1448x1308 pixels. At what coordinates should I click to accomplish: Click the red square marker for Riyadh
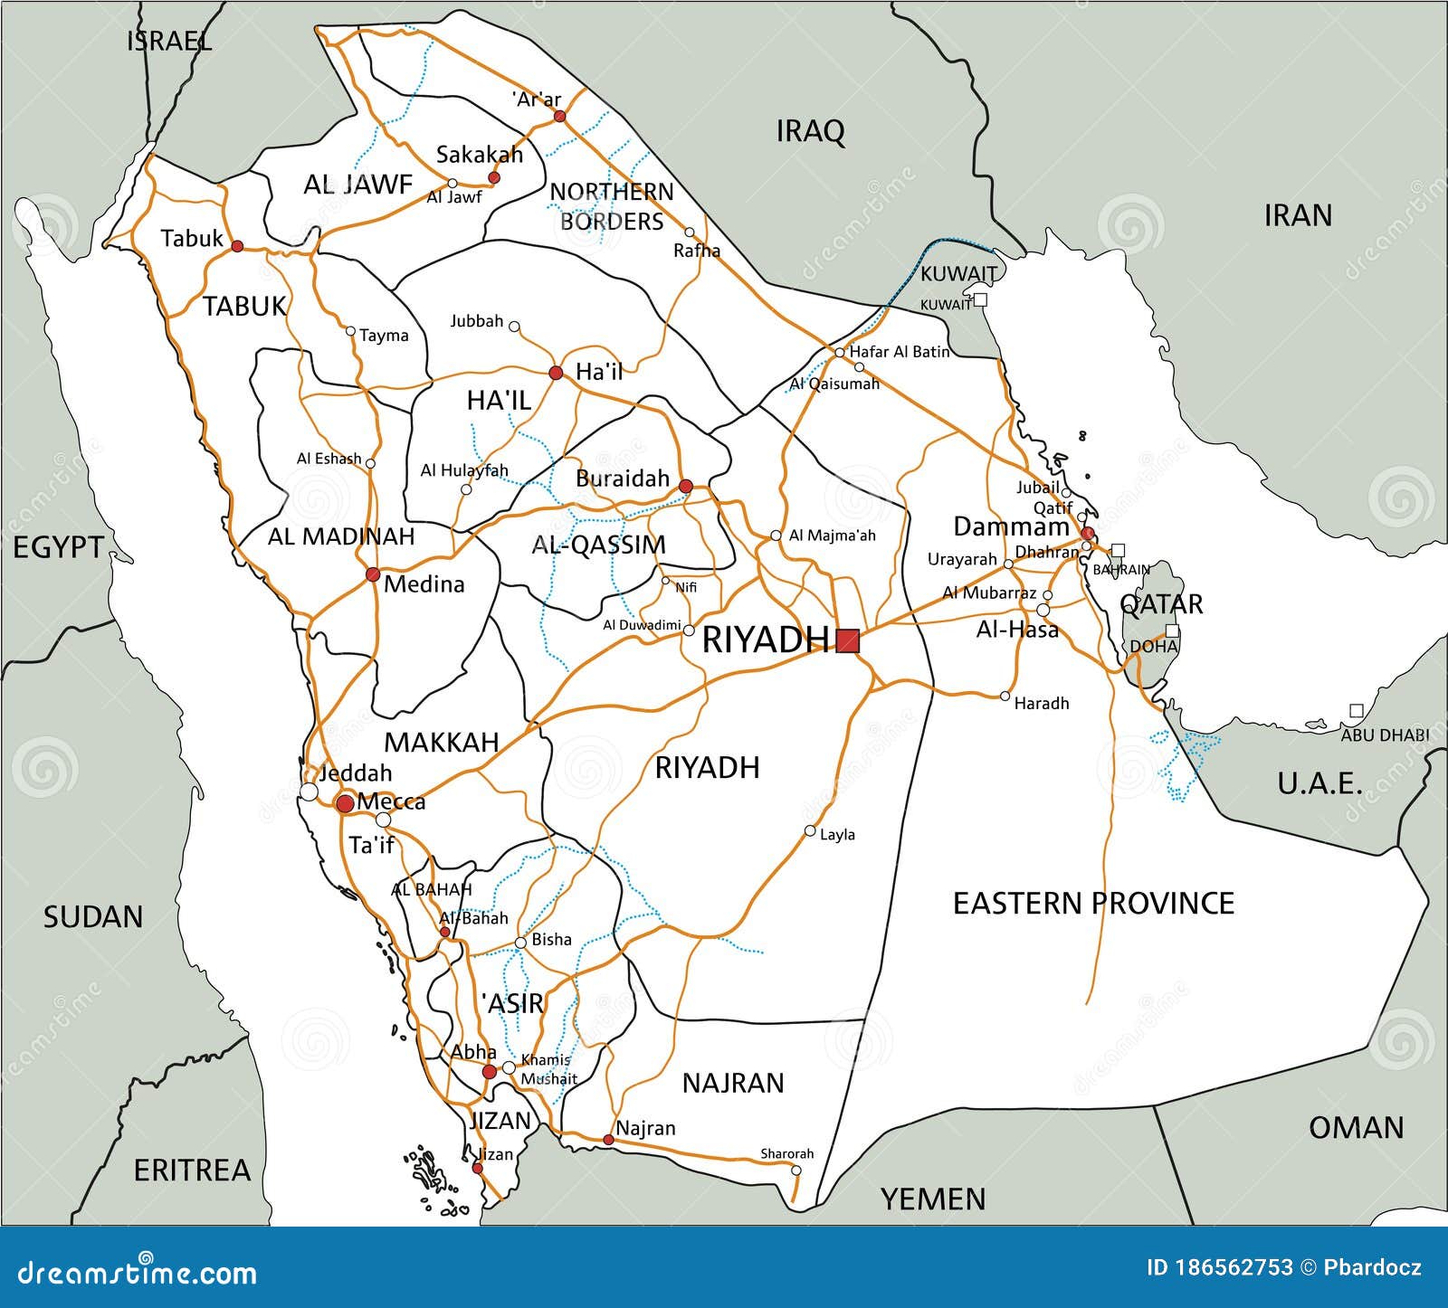848,641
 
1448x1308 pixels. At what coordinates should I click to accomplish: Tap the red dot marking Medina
372,574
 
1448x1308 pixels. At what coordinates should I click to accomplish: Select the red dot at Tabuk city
237,246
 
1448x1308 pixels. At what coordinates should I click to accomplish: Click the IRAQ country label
810,131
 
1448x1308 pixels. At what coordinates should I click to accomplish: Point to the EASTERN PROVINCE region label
1093,903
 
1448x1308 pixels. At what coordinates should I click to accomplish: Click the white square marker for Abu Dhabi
1355,711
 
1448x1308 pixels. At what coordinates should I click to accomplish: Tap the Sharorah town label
786,1153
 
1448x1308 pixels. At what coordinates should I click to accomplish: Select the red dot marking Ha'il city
556,373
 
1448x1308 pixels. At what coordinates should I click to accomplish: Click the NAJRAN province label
733,1083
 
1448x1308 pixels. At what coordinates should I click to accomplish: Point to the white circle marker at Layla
810,830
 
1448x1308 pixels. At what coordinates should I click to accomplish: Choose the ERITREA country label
192,1170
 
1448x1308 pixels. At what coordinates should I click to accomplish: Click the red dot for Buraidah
685,487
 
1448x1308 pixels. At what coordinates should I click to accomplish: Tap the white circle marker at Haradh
1005,696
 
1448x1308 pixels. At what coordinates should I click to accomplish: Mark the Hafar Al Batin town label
899,352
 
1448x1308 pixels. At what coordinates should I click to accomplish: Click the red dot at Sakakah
493,178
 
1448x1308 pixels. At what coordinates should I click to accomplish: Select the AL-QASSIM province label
598,545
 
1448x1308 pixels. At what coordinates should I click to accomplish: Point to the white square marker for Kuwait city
980,299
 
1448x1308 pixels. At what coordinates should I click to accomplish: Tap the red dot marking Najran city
608,1140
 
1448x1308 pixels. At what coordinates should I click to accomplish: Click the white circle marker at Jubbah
513,326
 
